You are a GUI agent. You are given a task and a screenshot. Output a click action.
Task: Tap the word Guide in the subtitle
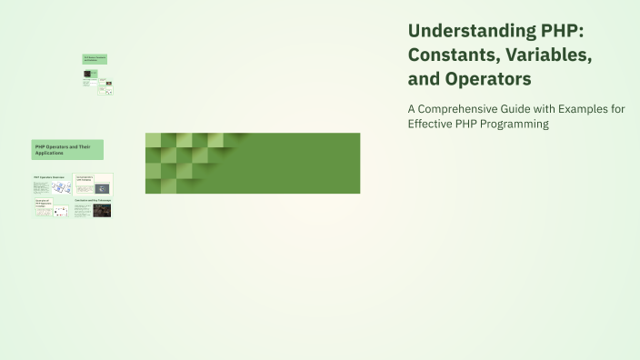(530, 108)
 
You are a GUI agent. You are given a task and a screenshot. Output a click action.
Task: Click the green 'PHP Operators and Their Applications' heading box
(67, 149)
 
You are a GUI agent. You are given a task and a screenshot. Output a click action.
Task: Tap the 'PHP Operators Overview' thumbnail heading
(49, 177)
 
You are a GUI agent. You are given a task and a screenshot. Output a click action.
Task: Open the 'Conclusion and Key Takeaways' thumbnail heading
(93, 199)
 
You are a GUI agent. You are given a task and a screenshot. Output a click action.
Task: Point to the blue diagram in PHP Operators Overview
(61, 188)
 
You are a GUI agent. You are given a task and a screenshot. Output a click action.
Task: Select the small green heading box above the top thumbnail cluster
(95, 59)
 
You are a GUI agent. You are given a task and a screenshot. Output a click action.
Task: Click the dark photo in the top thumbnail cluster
(87, 73)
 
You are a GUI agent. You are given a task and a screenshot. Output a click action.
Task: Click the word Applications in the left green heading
(50, 153)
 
